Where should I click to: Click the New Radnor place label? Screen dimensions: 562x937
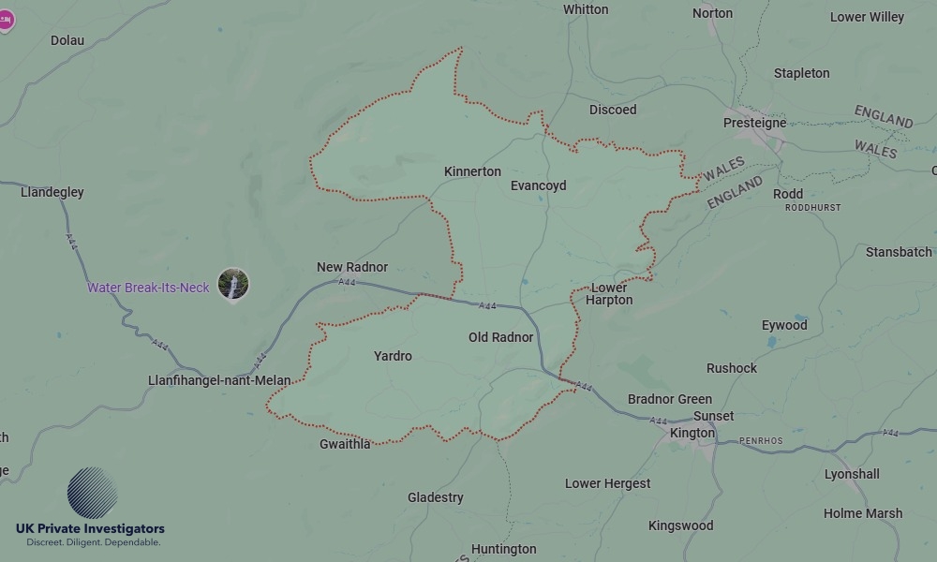[x=351, y=267]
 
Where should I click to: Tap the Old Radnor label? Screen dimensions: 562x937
[x=500, y=337]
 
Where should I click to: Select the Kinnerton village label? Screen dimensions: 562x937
[x=472, y=171]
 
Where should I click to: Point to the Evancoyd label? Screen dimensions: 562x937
[x=538, y=185]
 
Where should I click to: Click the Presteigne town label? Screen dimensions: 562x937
[x=754, y=123]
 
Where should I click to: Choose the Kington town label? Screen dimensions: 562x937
[x=692, y=433]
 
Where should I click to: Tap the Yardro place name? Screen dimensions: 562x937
[x=393, y=356]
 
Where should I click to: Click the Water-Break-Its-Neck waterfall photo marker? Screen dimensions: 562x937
[x=233, y=284]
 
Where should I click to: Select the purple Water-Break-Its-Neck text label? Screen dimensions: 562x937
[x=148, y=288]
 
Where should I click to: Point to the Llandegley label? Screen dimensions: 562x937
[x=52, y=192]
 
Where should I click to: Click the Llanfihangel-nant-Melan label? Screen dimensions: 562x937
[x=219, y=380]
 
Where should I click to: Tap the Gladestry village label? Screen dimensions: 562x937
[x=435, y=497]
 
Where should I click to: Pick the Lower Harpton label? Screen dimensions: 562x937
[x=609, y=294]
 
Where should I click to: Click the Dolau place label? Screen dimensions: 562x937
[x=67, y=40]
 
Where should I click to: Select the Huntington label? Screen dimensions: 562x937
[x=503, y=549]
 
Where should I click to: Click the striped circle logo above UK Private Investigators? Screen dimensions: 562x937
[x=92, y=493]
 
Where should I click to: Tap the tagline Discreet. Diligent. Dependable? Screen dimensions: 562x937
[x=93, y=542]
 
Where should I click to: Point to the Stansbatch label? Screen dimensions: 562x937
[x=899, y=252]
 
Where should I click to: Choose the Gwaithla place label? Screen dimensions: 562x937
[x=345, y=444]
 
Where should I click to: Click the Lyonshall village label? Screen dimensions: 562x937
[x=851, y=474]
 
